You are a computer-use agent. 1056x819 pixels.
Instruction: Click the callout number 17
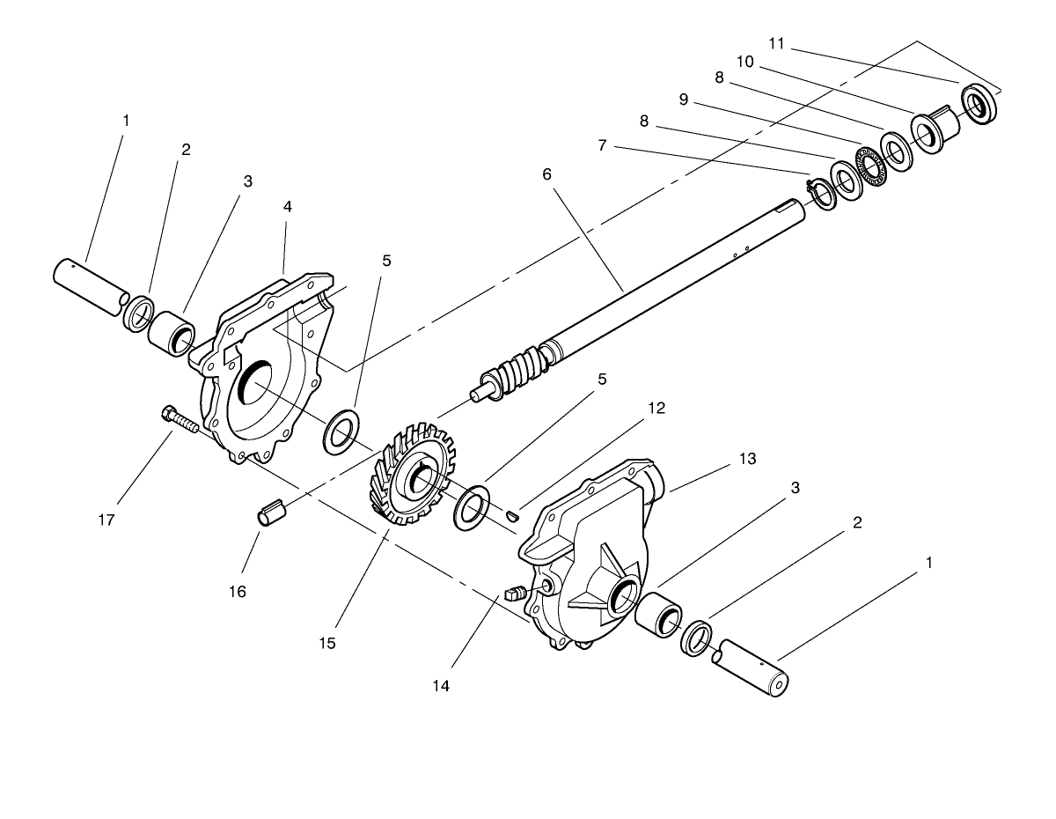pyautogui.click(x=106, y=520)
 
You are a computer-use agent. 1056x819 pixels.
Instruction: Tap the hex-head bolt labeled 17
pyautogui.click(x=180, y=421)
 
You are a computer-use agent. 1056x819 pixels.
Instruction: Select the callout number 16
pyautogui.click(x=237, y=592)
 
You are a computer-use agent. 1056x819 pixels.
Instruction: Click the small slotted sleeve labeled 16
pyautogui.click(x=272, y=513)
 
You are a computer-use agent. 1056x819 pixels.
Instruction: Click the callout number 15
pyautogui.click(x=327, y=644)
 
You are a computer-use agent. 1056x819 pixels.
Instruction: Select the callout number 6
pyautogui.click(x=546, y=174)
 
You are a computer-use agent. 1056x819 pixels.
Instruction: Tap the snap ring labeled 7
pyautogui.click(x=823, y=195)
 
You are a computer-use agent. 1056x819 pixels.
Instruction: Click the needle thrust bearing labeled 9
pyautogui.click(x=871, y=164)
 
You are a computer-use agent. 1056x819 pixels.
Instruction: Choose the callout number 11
pyautogui.click(x=776, y=44)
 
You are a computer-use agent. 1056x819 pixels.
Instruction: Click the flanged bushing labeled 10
pyautogui.click(x=935, y=129)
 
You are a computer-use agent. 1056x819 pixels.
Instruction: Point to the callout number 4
pyautogui.click(x=288, y=207)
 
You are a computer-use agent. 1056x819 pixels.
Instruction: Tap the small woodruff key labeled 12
pyautogui.click(x=513, y=515)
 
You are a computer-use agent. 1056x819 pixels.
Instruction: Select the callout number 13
pyautogui.click(x=748, y=459)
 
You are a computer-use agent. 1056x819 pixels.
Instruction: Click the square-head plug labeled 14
pyautogui.click(x=515, y=594)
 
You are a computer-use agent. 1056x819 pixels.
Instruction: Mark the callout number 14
pyautogui.click(x=441, y=686)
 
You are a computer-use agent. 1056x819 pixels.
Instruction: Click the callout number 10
pyautogui.click(x=745, y=62)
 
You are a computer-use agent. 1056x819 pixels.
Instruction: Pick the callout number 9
pyautogui.click(x=684, y=100)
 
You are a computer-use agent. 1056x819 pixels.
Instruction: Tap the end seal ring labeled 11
pyautogui.click(x=979, y=104)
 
